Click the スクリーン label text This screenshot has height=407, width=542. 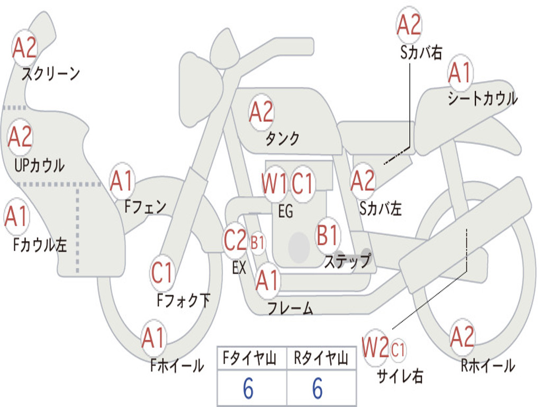[x=51, y=73]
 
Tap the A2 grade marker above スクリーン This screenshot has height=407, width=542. [x=24, y=48]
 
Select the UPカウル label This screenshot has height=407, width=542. [x=39, y=165]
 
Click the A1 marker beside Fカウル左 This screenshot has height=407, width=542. [x=16, y=216]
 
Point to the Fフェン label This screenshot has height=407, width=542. [x=145, y=207]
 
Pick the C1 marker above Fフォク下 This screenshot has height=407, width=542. [x=162, y=272]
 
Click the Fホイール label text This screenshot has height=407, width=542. [x=177, y=366]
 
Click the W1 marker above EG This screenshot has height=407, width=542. [x=274, y=183]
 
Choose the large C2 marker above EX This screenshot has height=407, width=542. [x=235, y=240]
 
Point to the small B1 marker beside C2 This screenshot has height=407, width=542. [x=257, y=243]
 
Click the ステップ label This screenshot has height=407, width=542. [x=347, y=261]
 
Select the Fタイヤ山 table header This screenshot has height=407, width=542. [x=249, y=358]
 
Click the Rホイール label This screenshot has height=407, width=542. [x=488, y=366]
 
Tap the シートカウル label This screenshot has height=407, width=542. [x=483, y=99]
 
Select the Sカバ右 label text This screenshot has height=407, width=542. [x=421, y=52]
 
